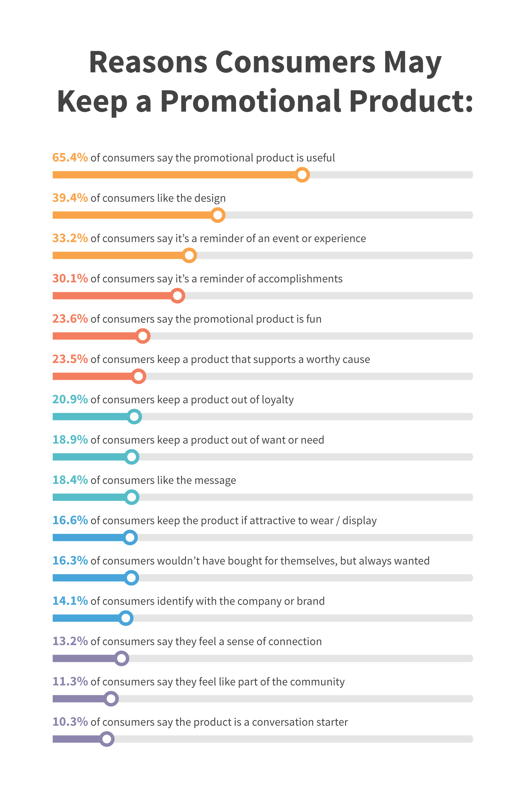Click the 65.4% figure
(70, 157)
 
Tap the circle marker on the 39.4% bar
(218, 215)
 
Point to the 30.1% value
(70, 279)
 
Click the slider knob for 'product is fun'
(143, 336)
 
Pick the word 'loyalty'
(277, 400)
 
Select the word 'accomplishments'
(300, 279)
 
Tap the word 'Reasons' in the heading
(148, 62)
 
